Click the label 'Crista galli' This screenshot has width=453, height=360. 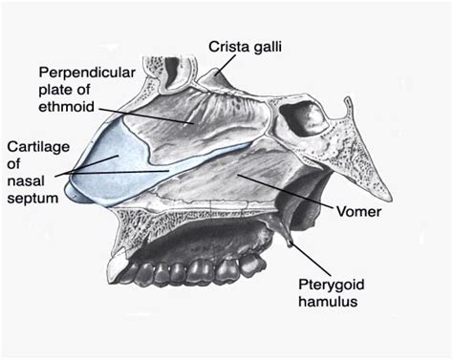248,44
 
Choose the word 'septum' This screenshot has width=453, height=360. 31,198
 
